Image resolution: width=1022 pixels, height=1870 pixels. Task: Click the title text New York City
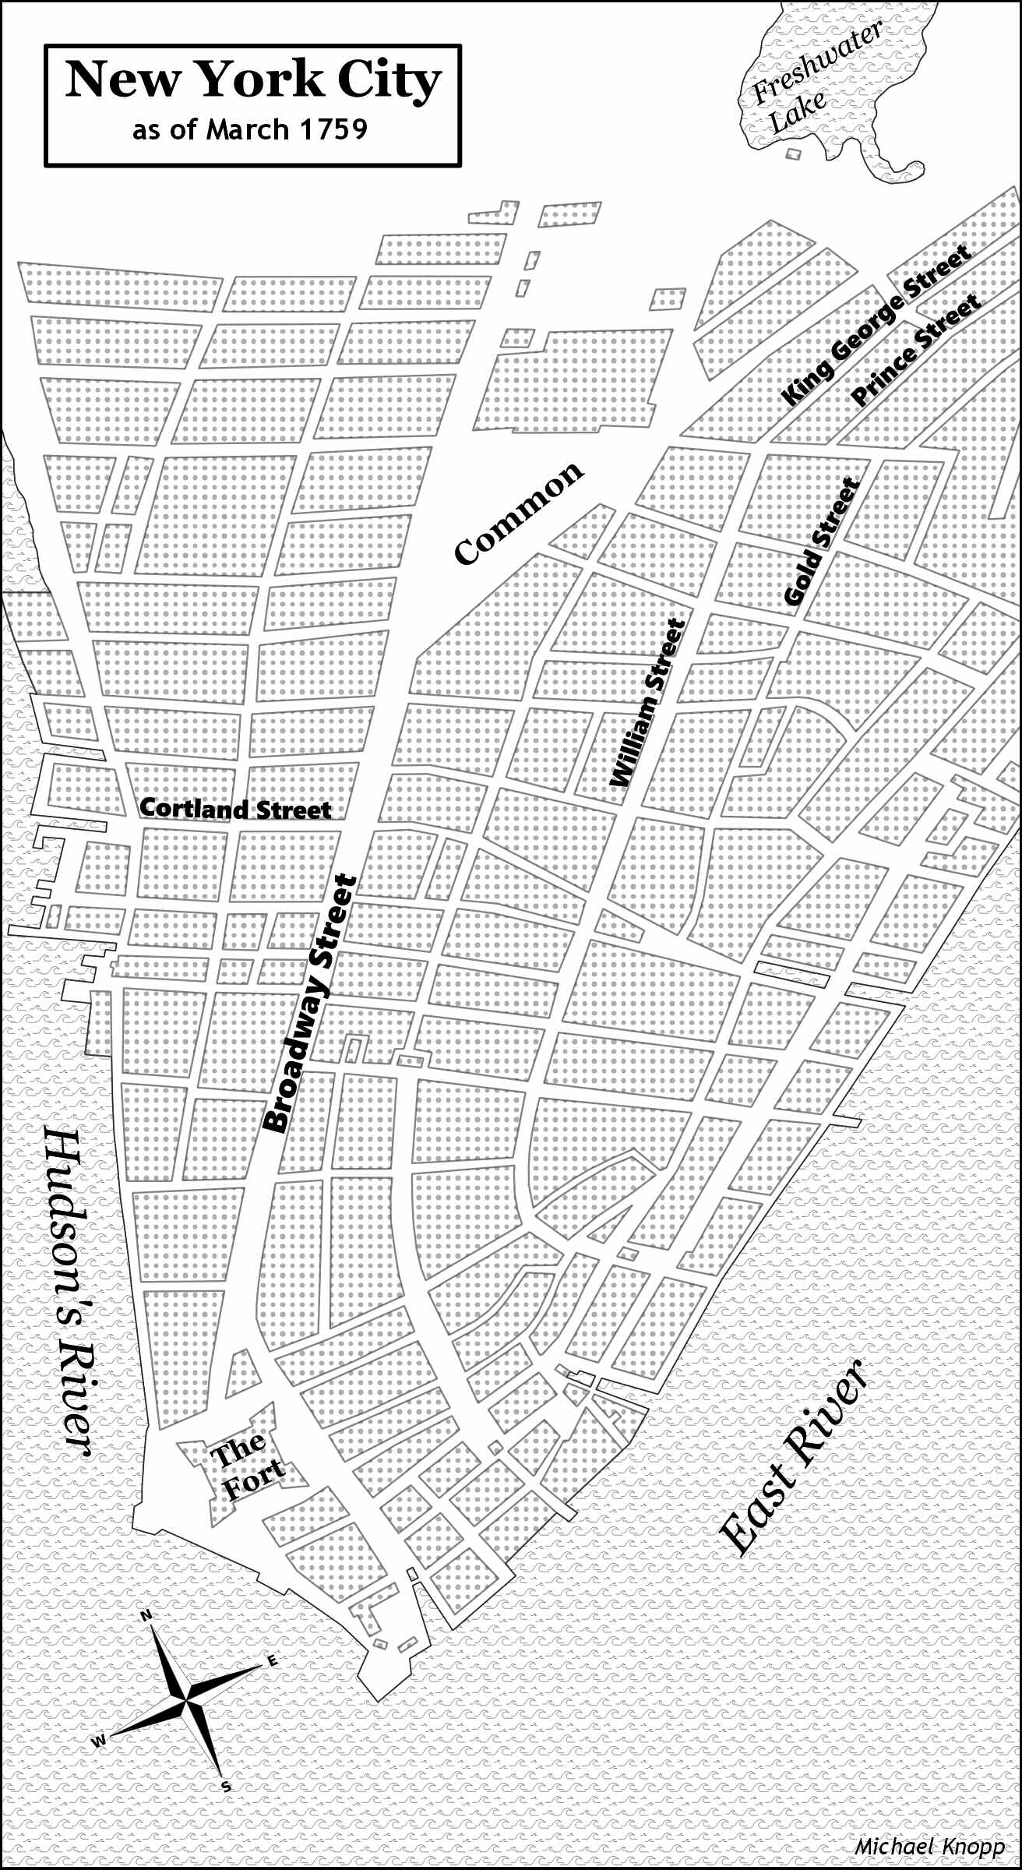click(x=253, y=80)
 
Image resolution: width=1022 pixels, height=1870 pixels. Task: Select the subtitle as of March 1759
click(x=250, y=129)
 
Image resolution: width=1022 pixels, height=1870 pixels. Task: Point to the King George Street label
click(x=877, y=324)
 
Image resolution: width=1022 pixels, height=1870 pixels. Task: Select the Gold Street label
click(x=823, y=542)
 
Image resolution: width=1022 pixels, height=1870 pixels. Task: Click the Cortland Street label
click(x=235, y=809)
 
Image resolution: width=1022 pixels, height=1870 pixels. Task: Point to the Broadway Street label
click(x=311, y=1004)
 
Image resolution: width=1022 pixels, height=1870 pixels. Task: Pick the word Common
click(x=519, y=513)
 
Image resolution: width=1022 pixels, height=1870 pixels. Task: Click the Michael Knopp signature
click(x=930, y=1846)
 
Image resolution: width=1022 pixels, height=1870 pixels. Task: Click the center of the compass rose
click(x=187, y=1700)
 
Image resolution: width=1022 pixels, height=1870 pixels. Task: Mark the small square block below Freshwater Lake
click(x=793, y=154)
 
